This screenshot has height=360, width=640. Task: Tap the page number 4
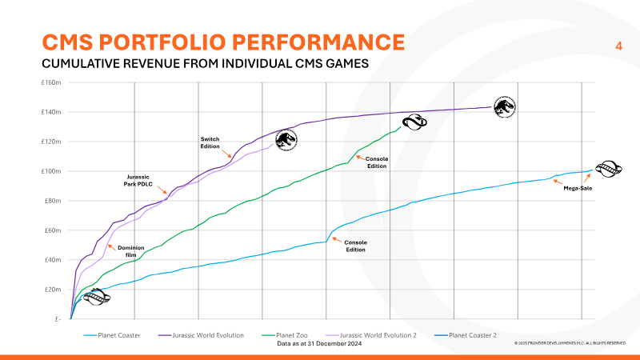(618, 46)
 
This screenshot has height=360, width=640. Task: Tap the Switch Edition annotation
(210, 143)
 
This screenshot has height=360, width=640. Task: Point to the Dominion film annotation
(131, 250)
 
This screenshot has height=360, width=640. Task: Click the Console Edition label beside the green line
(377, 162)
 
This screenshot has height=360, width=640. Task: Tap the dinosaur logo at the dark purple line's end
(505, 106)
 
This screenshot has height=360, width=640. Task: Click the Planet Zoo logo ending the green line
(414, 122)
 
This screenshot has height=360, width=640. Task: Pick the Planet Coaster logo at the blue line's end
(608, 169)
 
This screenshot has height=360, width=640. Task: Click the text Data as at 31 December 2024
(319, 343)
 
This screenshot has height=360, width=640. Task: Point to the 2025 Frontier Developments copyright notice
(569, 343)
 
